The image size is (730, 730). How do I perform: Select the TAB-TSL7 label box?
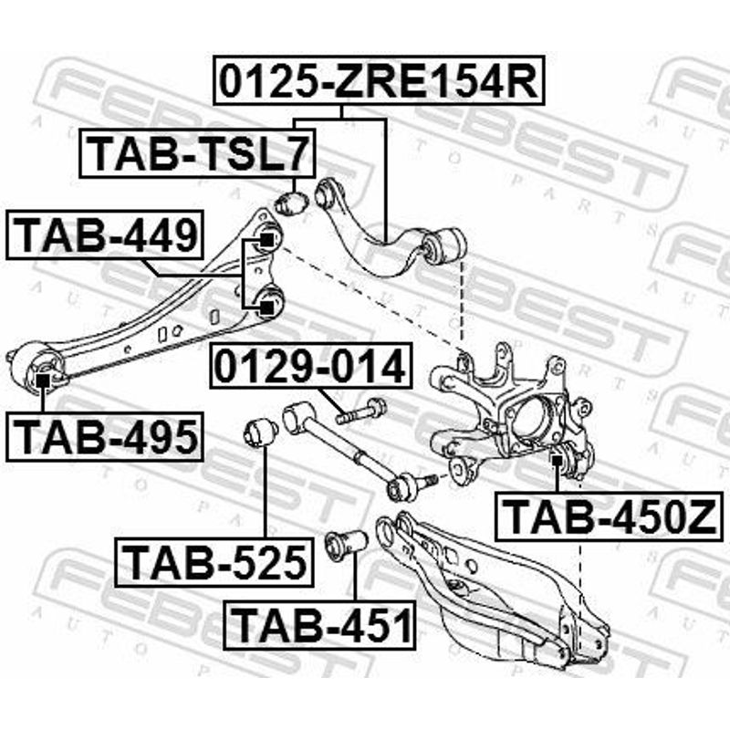[198, 153]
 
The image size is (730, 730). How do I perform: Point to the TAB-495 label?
[106, 436]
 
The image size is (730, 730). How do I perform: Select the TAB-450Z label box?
[608, 516]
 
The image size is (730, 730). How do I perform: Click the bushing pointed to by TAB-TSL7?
[290, 200]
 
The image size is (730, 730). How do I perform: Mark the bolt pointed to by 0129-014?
[361, 412]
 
